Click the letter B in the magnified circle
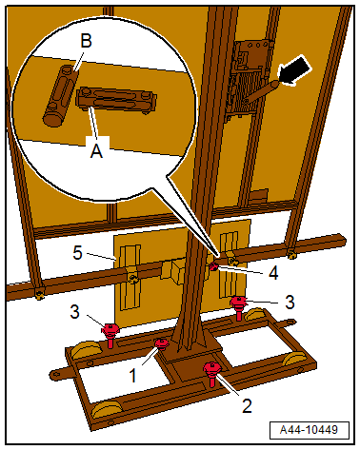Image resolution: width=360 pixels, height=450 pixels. pos(86,41)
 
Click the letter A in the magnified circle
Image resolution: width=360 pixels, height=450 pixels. pos(96,151)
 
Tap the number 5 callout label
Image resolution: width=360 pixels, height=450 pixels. pos(78,253)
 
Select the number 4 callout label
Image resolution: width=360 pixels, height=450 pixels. pos(273,272)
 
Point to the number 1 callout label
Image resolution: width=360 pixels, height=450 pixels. pos(133,376)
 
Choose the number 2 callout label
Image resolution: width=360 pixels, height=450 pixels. pos(247,405)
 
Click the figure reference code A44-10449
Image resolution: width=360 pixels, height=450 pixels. pos(309,430)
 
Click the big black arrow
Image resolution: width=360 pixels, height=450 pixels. pos(295,70)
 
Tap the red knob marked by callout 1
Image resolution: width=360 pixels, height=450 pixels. pos(161,343)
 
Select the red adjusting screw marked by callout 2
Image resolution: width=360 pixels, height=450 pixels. pos(212,373)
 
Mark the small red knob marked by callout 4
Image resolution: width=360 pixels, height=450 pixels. pos(213,267)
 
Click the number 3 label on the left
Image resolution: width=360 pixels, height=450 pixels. pos(74,312)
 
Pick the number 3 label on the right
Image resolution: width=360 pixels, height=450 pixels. pos(290,302)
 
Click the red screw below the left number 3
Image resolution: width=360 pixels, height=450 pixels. pos(110,335)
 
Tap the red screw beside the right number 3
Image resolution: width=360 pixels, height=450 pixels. pos(239,307)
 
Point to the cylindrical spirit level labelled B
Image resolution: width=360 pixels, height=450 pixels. pos(60,95)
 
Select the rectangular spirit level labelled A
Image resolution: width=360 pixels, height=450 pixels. pos(116,99)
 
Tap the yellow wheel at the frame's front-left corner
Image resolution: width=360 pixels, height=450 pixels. pos(105,411)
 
